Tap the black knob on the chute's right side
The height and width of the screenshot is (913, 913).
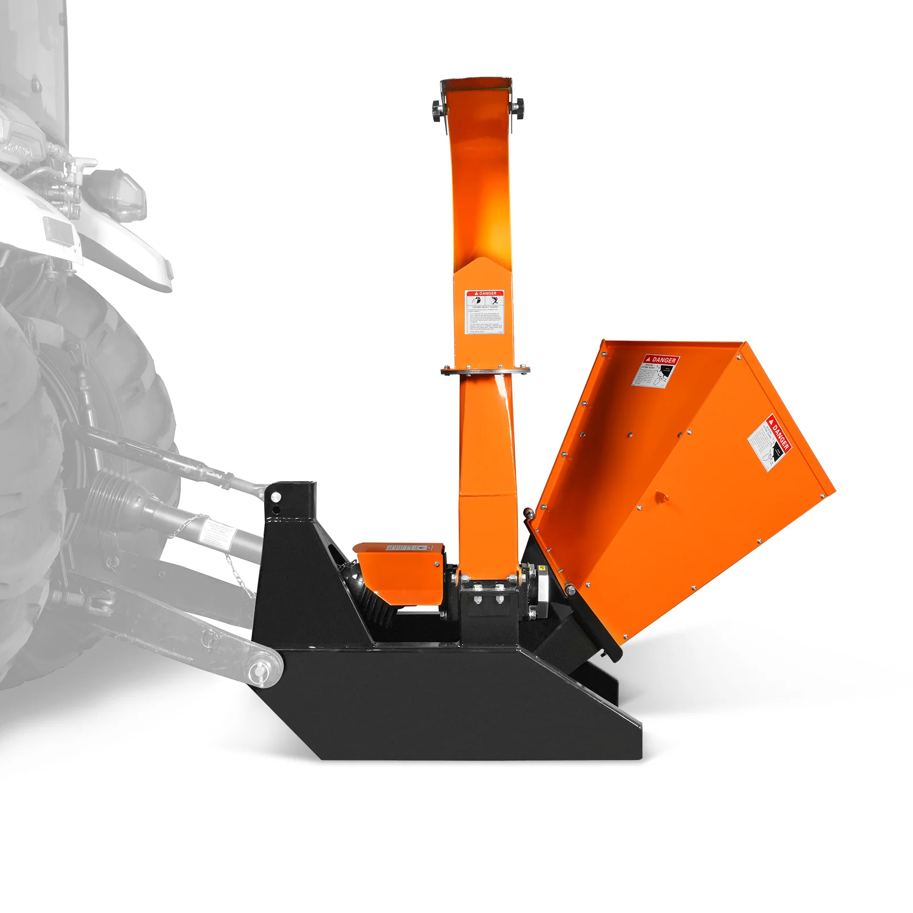coord(518,106)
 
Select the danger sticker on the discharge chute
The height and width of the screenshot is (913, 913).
coord(484,312)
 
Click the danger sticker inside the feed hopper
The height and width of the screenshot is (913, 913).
coord(656,371)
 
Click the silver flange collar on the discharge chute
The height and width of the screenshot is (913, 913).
coord(485,371)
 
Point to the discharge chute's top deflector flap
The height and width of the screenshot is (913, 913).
coord(476,86)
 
